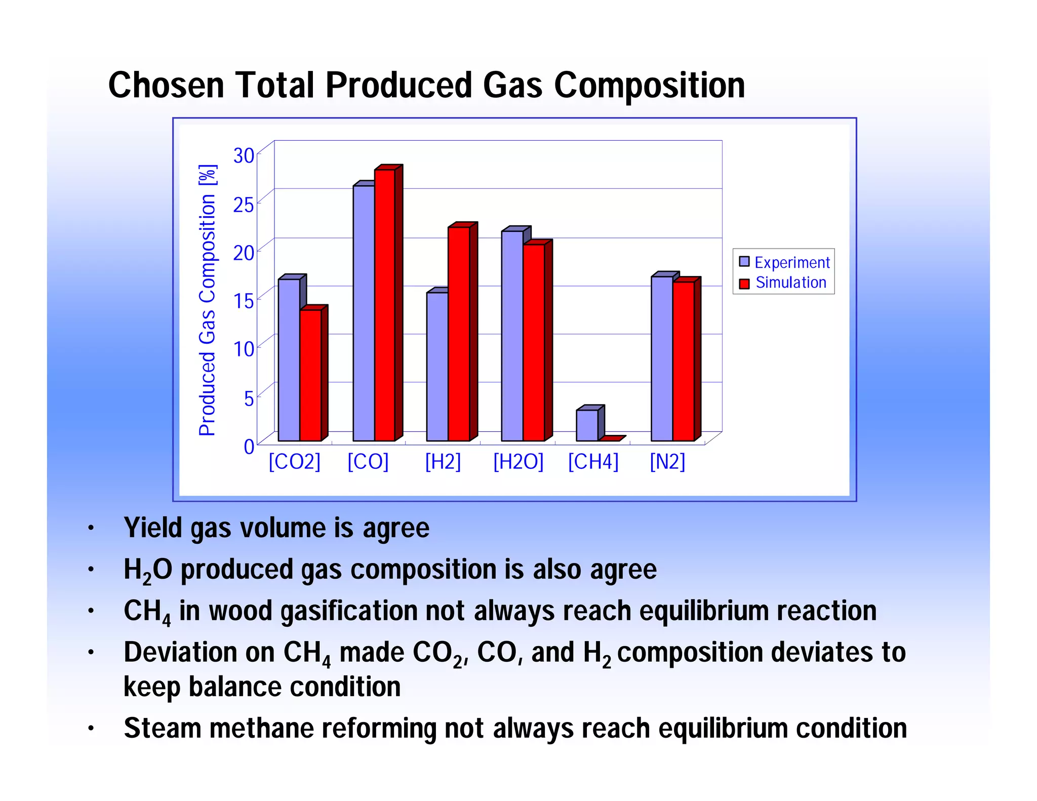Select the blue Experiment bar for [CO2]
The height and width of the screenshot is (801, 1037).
[289, 359]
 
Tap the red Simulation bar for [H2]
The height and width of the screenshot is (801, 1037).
[459, 334]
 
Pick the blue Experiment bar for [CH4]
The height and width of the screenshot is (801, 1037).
[587, 425]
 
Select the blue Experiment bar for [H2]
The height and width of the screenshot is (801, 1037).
[437, 367]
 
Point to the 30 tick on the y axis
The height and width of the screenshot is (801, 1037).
[244, 155]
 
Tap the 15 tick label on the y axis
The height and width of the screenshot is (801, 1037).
[244, 301]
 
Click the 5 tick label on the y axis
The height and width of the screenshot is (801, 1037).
[249, 398]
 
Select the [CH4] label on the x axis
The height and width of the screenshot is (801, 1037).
[593, 462]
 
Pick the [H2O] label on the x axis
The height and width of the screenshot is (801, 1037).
[518, 462]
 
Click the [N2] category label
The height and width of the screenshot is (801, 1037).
[667, 462]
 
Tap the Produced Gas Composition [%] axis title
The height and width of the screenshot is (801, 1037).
[207, 300]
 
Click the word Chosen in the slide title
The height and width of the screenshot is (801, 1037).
[166, 85]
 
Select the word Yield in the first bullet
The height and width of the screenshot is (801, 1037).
[153, 528]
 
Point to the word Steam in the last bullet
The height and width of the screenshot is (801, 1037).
[163, 728]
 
